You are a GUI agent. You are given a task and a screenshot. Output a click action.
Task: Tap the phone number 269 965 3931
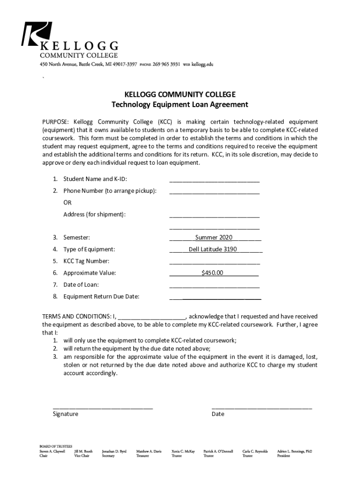tap(166, 65)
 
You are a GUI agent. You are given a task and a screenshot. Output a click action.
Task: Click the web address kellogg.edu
tap(202, 65)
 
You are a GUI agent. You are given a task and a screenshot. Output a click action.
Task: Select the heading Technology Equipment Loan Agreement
tap(180, 104)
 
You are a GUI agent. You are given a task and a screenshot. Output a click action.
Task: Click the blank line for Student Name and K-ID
tap(214, 180)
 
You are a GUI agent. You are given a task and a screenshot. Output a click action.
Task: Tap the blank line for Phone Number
tap(214, 192)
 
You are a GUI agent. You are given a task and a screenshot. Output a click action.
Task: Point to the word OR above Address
tap(68, 203)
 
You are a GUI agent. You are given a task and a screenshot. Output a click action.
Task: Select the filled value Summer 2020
tap(214, 238)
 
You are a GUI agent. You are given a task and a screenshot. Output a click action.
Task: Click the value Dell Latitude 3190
tap(213, 249)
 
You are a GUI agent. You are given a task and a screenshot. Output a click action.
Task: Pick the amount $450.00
tap(212, 273)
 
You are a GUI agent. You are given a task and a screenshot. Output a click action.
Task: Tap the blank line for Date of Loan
tap(214, 286)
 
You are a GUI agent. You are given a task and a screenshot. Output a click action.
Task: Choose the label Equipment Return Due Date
tap(101, 296)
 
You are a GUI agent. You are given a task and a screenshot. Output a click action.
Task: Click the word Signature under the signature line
tap(65, 414)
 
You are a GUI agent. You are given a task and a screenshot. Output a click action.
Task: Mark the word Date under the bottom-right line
tap(218, 414)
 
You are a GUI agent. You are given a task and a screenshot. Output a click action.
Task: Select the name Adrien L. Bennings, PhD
tap(295, 451)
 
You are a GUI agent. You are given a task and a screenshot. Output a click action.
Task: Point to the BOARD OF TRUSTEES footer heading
tap(55, 447)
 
